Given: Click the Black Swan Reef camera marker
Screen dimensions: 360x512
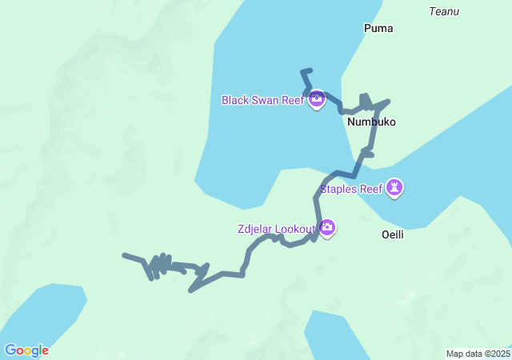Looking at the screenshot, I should (317, 99).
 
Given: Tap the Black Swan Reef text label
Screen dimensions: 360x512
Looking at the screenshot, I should (262, 100).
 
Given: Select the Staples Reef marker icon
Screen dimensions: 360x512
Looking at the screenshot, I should (394, 188).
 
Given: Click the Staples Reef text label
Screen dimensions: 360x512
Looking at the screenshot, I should (351, 190).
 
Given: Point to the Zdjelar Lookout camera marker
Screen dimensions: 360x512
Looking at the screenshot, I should (327, 229).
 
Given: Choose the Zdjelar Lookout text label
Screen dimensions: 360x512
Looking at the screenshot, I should (277, 229).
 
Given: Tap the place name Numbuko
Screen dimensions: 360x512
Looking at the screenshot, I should (372, 122).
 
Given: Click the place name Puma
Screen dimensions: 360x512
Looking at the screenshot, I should (378, 28).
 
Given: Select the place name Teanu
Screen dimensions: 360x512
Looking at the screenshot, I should (444, 11).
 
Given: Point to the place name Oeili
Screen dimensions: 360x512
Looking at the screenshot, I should (396, 235).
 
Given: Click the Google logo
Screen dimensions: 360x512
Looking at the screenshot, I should (26, 350).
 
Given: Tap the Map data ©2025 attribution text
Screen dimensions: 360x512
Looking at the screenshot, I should (478, 354).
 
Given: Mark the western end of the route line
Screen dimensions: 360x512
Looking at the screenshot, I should (124, 255).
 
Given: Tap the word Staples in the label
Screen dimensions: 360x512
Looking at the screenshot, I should (338, 190).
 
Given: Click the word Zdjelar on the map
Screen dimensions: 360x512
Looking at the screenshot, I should (256, 229).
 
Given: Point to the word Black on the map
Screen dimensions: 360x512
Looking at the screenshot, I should (235, 100).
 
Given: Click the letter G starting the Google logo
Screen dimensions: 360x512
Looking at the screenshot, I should (10, 350).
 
